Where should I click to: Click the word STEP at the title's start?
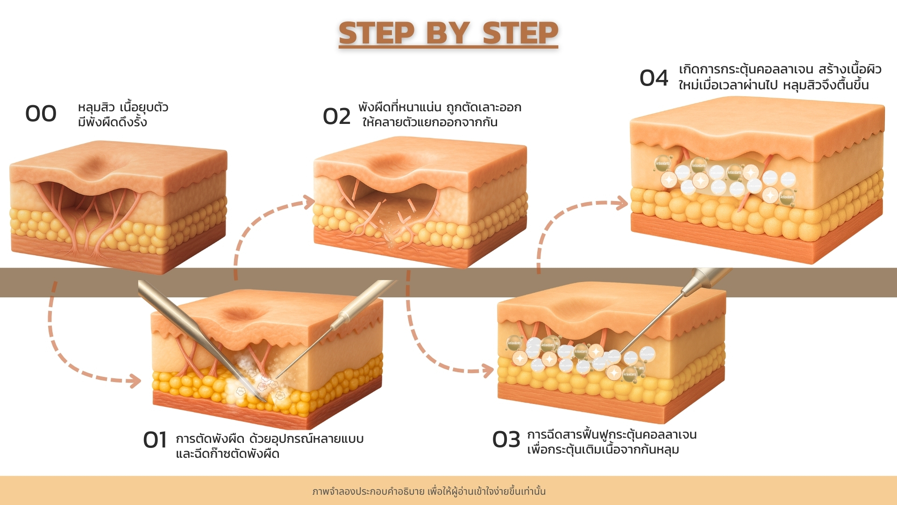pos(377,34)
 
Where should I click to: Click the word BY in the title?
pos(448,34)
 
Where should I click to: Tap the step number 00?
pos(41,114)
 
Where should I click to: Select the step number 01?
pos(155,440)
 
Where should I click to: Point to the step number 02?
pos(336,116)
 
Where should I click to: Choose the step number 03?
pos(506,440)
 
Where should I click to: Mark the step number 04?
pos(654,78)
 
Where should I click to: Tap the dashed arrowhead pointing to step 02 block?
pos(309,202)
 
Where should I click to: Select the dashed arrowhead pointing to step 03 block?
pos(488,371)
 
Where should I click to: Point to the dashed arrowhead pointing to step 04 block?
pos(622,203)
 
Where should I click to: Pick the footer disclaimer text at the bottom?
pos(429,491)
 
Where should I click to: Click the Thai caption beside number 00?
pos(122,115)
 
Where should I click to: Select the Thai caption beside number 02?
pos(439,115)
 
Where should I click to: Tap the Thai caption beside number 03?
pos(611,442)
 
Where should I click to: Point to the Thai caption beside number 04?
pos(779,77)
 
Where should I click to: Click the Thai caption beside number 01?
pos(269,446)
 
